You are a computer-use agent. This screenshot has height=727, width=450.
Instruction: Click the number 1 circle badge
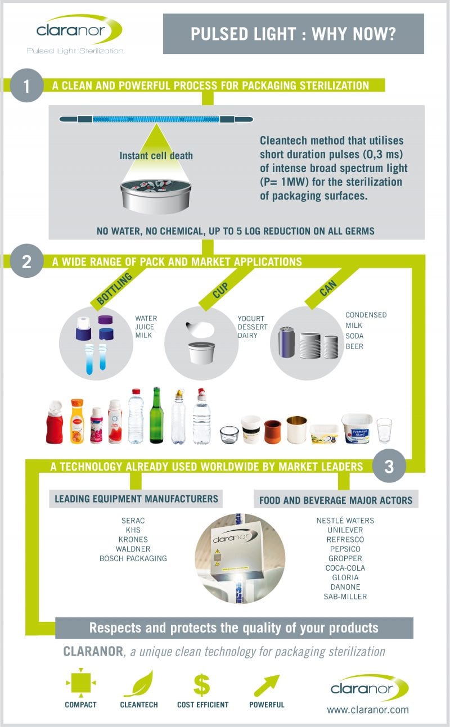pyautogui.click(x=26, y=85)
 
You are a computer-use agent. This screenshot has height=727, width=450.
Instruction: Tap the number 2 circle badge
pyautogui.click(x=26, y=261)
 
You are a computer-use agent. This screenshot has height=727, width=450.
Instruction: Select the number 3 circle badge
pyautogui.click(x=389, y=466)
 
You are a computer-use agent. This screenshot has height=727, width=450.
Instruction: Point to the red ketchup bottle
pyautogui.click(x=55, y=422)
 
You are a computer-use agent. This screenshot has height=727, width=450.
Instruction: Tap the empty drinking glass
pyautogui.click(x=384, y=430)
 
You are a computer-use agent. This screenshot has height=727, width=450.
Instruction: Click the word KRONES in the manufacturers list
pyautogui.click(x=133, y=539)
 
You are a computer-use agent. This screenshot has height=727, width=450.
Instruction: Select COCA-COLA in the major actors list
pyautogui.click(x=345, y=568)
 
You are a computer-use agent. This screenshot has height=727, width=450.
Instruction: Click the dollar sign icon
pyautogui.click(x=201, y=684)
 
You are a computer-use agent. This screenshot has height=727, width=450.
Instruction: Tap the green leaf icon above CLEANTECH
pyautogui.click(x=138, y=684)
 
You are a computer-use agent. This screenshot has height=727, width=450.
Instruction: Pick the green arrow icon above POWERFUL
pyautogui.click(x=267, y=684)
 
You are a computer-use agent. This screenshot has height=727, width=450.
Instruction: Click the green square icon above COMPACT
pyautogui.click(x=80, y=684)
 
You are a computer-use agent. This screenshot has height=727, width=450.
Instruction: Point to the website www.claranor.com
pyautogui.click(x=368, y=710)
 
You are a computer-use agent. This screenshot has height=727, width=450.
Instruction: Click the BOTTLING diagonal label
pyautogui.click(x=114, y=288)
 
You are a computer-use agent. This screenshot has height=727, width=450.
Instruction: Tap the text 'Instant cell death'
pyautogui.click(x=156, y=156)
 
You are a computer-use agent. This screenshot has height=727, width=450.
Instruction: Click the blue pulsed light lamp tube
pyautogui.click(x=156, y=119)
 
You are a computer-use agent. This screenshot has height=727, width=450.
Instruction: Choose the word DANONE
pyautogui.click(x=345, y=587)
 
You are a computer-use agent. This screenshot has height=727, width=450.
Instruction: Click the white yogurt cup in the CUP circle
pyautogui.click(x=201, y=353)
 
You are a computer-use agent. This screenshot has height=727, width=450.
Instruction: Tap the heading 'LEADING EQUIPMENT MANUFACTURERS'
pyautogui.click(x=136, y=499)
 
